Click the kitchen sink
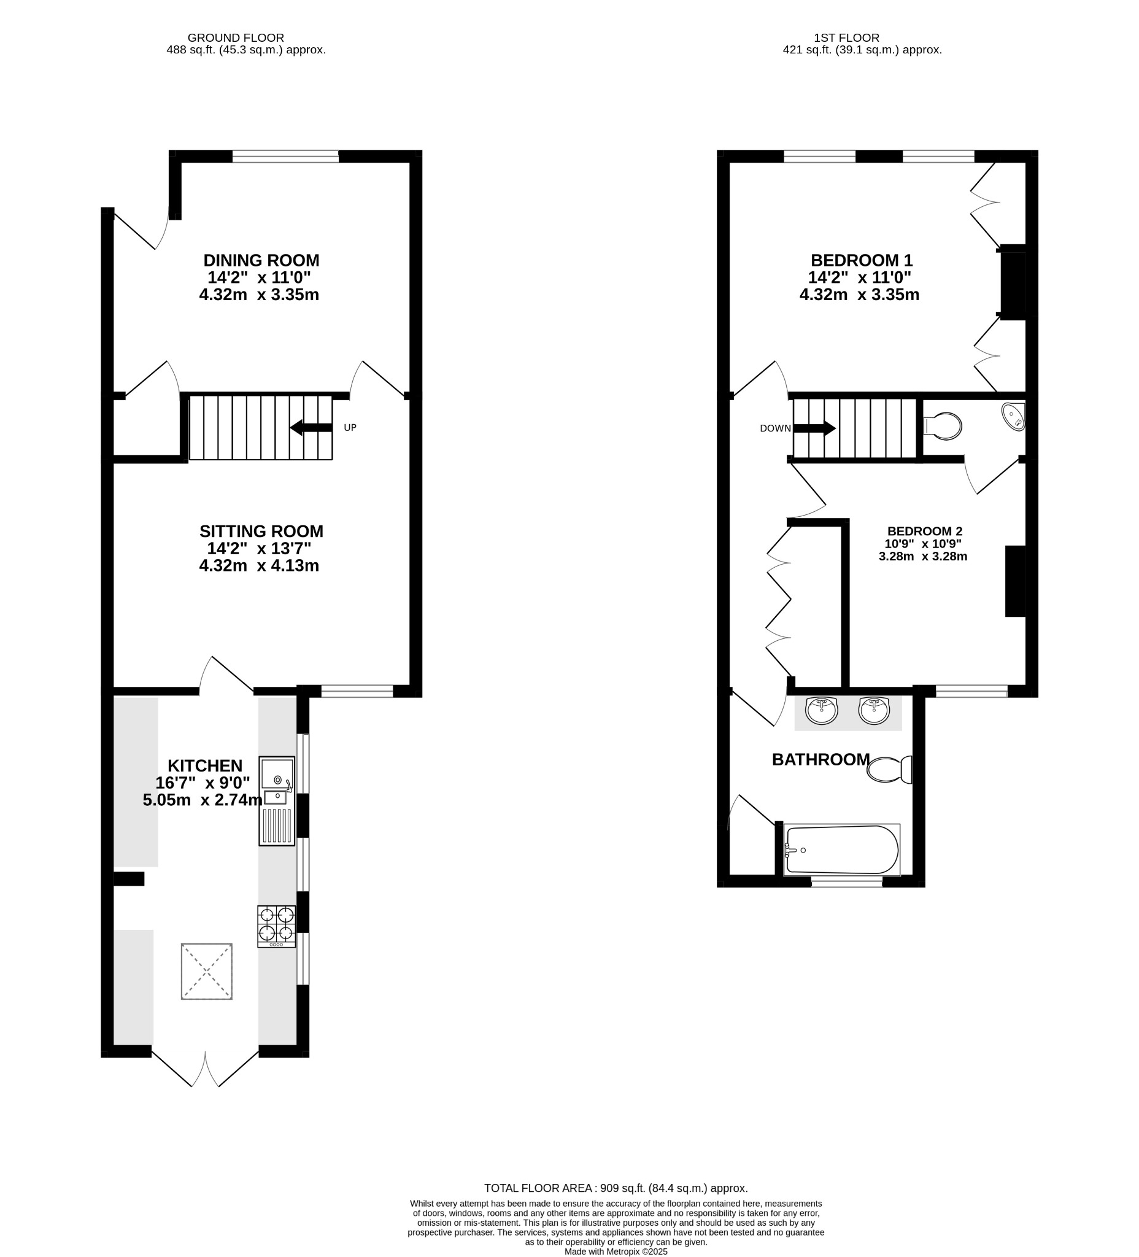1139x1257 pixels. click(x=277, y=800)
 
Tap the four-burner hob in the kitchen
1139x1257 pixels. click(x=276, y=927)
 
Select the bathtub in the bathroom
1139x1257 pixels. click(x=841, y=850)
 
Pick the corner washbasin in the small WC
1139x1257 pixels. click(x=1014, y=416)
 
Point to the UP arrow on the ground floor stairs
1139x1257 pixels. click(x=311, y=427)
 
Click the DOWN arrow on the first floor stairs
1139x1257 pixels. click(x=814, y=428)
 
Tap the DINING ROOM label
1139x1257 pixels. click(x=261, y=260)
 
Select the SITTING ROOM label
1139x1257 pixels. click(x=261, y=532)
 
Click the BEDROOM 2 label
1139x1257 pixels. click(x=925, y=532)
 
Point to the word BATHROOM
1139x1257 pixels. click(x=820, y=759)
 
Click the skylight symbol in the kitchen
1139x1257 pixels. click(x=206, y=972)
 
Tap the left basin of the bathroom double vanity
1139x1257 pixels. click(x=822, y=711)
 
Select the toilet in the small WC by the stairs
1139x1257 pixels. click(x=942, y=426)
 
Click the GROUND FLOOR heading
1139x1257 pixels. click(x=236, y=38)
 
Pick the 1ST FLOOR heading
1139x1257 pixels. click(x=846, y=38)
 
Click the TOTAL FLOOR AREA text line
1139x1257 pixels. click(x=616, y=1188)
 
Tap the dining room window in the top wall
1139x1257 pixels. click(x=285, y=157)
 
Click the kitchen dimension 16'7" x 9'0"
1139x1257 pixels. click(x=203, y=783)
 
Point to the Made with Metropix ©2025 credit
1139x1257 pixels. click(x=616, y=1251)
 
